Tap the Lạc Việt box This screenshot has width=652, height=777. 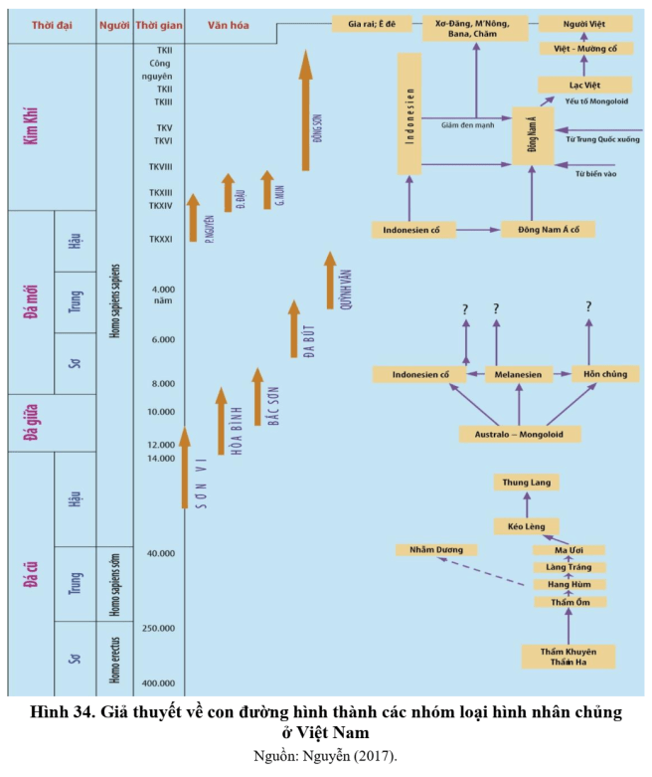click(584, 86)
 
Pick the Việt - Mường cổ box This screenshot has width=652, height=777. click(584, 48)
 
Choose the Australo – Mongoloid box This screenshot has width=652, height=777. click(520, 434)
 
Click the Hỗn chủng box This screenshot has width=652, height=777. click(604, 374)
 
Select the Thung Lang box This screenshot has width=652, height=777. click(526, 483)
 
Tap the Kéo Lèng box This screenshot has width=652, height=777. click(526, 526)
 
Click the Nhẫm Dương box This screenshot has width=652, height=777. click(435, 549)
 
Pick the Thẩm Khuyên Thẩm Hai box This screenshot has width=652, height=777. click(568, 657)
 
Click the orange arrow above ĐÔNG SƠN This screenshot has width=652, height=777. click(305, 109)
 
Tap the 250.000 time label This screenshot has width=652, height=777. click(159, 628)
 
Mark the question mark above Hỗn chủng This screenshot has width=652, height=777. click(588, 307)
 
